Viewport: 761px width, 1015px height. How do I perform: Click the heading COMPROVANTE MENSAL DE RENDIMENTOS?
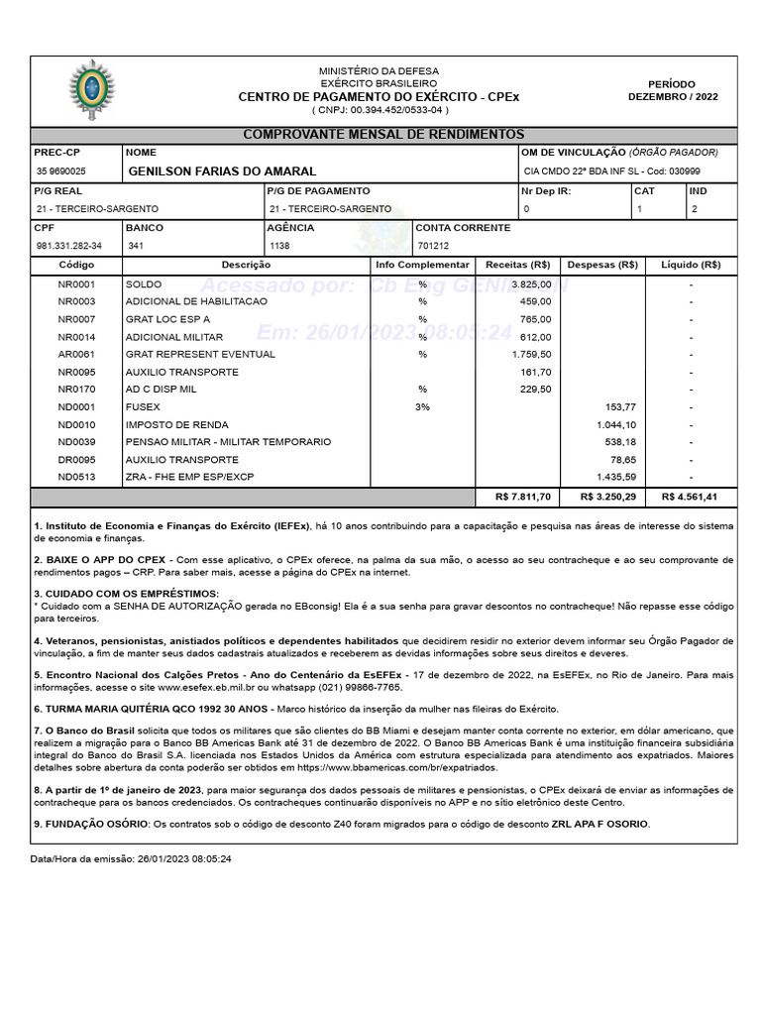[383, 135]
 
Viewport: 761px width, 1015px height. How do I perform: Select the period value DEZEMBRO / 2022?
[673, 97]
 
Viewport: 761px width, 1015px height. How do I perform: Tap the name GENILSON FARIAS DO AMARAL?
[222, 171]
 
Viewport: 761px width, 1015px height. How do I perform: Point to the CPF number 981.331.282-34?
[68, 246]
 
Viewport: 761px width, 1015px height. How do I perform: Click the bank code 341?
[136, 246]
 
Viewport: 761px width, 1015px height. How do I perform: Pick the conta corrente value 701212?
[433, 246]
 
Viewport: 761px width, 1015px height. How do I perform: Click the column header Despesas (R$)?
[601, 266]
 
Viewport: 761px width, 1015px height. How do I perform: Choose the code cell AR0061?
[76, 354]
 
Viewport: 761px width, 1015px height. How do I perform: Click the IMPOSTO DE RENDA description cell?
[163, 424]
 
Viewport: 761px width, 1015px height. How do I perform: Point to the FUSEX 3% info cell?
[422, 406]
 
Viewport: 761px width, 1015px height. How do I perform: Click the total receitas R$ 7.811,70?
[523, 497]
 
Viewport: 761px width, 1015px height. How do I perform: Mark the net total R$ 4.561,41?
[691, 497]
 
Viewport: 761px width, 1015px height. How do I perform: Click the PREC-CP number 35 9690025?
[60, 171]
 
